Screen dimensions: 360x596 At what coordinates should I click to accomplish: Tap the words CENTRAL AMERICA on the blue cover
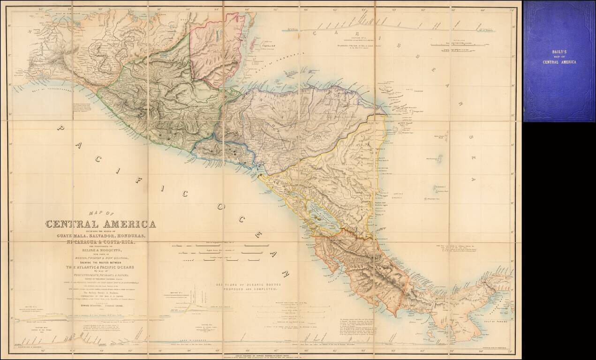point(559,62)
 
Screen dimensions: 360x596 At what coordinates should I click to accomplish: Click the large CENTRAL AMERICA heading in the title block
point(100,224)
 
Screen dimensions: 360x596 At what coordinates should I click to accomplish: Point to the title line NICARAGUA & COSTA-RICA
point(100,242)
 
